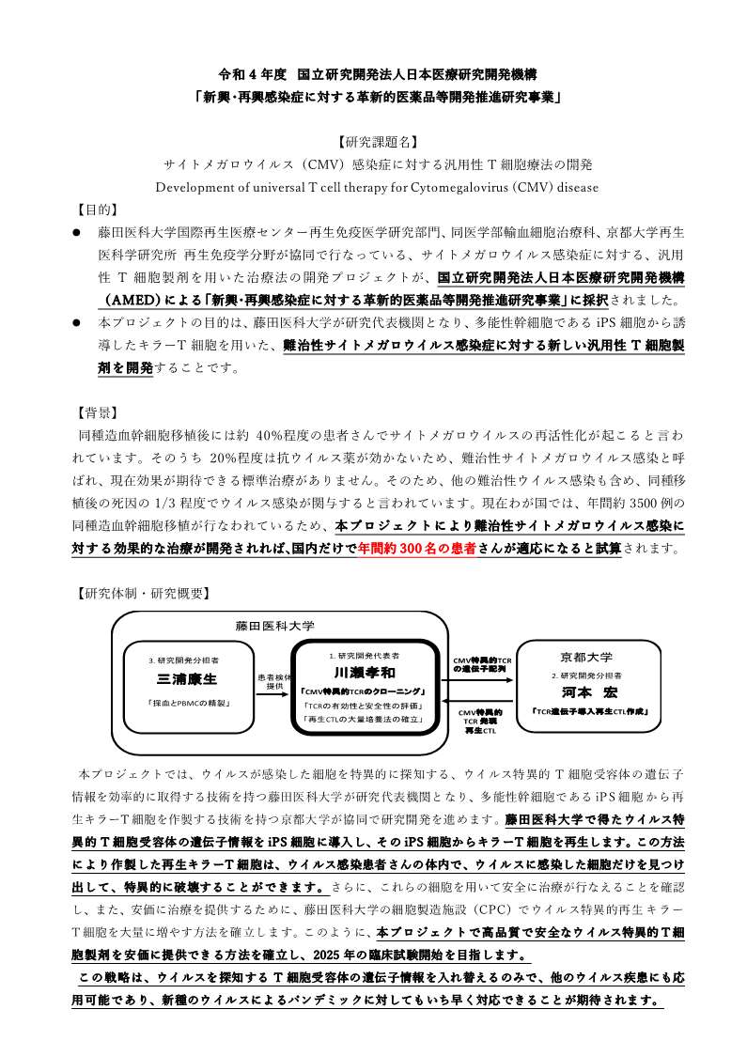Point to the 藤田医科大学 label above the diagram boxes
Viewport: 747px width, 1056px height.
click(274, 626)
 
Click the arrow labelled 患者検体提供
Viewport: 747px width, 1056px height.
click(274, 696)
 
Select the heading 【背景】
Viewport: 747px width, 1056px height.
click(97, 412)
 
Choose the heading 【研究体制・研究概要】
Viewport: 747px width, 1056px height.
click(142, 593)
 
